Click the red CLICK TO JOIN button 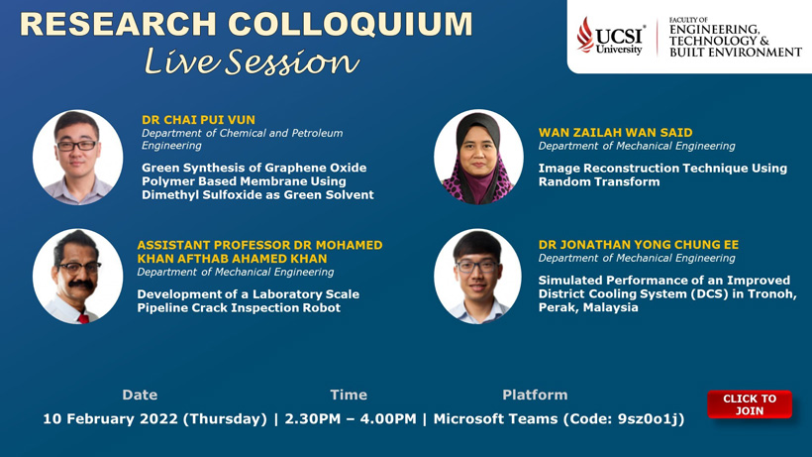pos(750,404)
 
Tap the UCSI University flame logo pos(585,35)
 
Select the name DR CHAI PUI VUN pos(198,120)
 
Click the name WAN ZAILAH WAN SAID pos(615,133)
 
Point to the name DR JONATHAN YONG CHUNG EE pos(639,245)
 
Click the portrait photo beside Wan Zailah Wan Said pos(478,157)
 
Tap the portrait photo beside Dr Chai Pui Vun pos(77,157)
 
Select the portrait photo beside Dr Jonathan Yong pos(478,277)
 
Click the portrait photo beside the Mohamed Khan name pos(77,277)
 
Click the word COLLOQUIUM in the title pos(351,25)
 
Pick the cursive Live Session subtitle pos(252,61)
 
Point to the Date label pos(140,395)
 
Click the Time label pos(349,395)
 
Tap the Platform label pos(535,395)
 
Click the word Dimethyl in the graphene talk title pos(164,195)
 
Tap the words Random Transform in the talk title pos(599,181)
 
